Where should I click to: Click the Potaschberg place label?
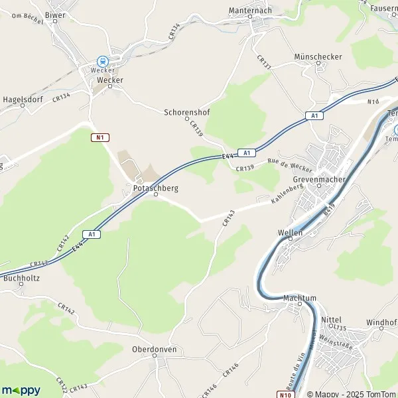(x=155, y=188)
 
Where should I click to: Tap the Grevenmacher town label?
(x=316, y=179)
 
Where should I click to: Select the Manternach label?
(x=250, y=11)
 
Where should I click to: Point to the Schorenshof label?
(x=186, y=112)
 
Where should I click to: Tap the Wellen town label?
(x=291, y=233)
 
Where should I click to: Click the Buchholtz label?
(x=22, y=278)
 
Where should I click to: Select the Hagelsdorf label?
(x=23, y=99)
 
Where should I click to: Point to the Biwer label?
(x=55, y=14)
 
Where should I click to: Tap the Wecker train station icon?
(x=102, y=60)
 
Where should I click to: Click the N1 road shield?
(x=99, y=137)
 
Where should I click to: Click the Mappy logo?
(x=21, y=390)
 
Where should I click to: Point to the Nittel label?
(x=331, y=320)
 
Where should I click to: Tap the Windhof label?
(x=381, y=322)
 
